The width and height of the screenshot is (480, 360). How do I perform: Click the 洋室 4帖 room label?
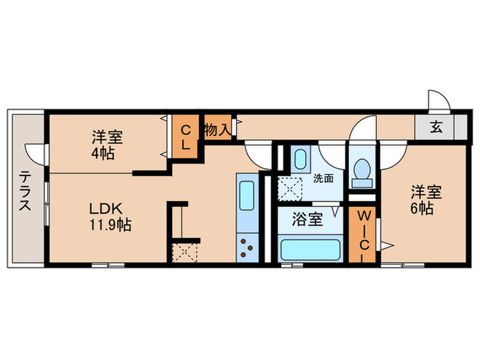108,143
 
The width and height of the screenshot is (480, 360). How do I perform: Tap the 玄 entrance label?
436,127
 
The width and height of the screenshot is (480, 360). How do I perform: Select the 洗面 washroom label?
323,178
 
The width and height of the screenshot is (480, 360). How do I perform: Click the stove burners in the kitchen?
247,247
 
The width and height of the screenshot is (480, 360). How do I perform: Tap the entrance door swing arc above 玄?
437,101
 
